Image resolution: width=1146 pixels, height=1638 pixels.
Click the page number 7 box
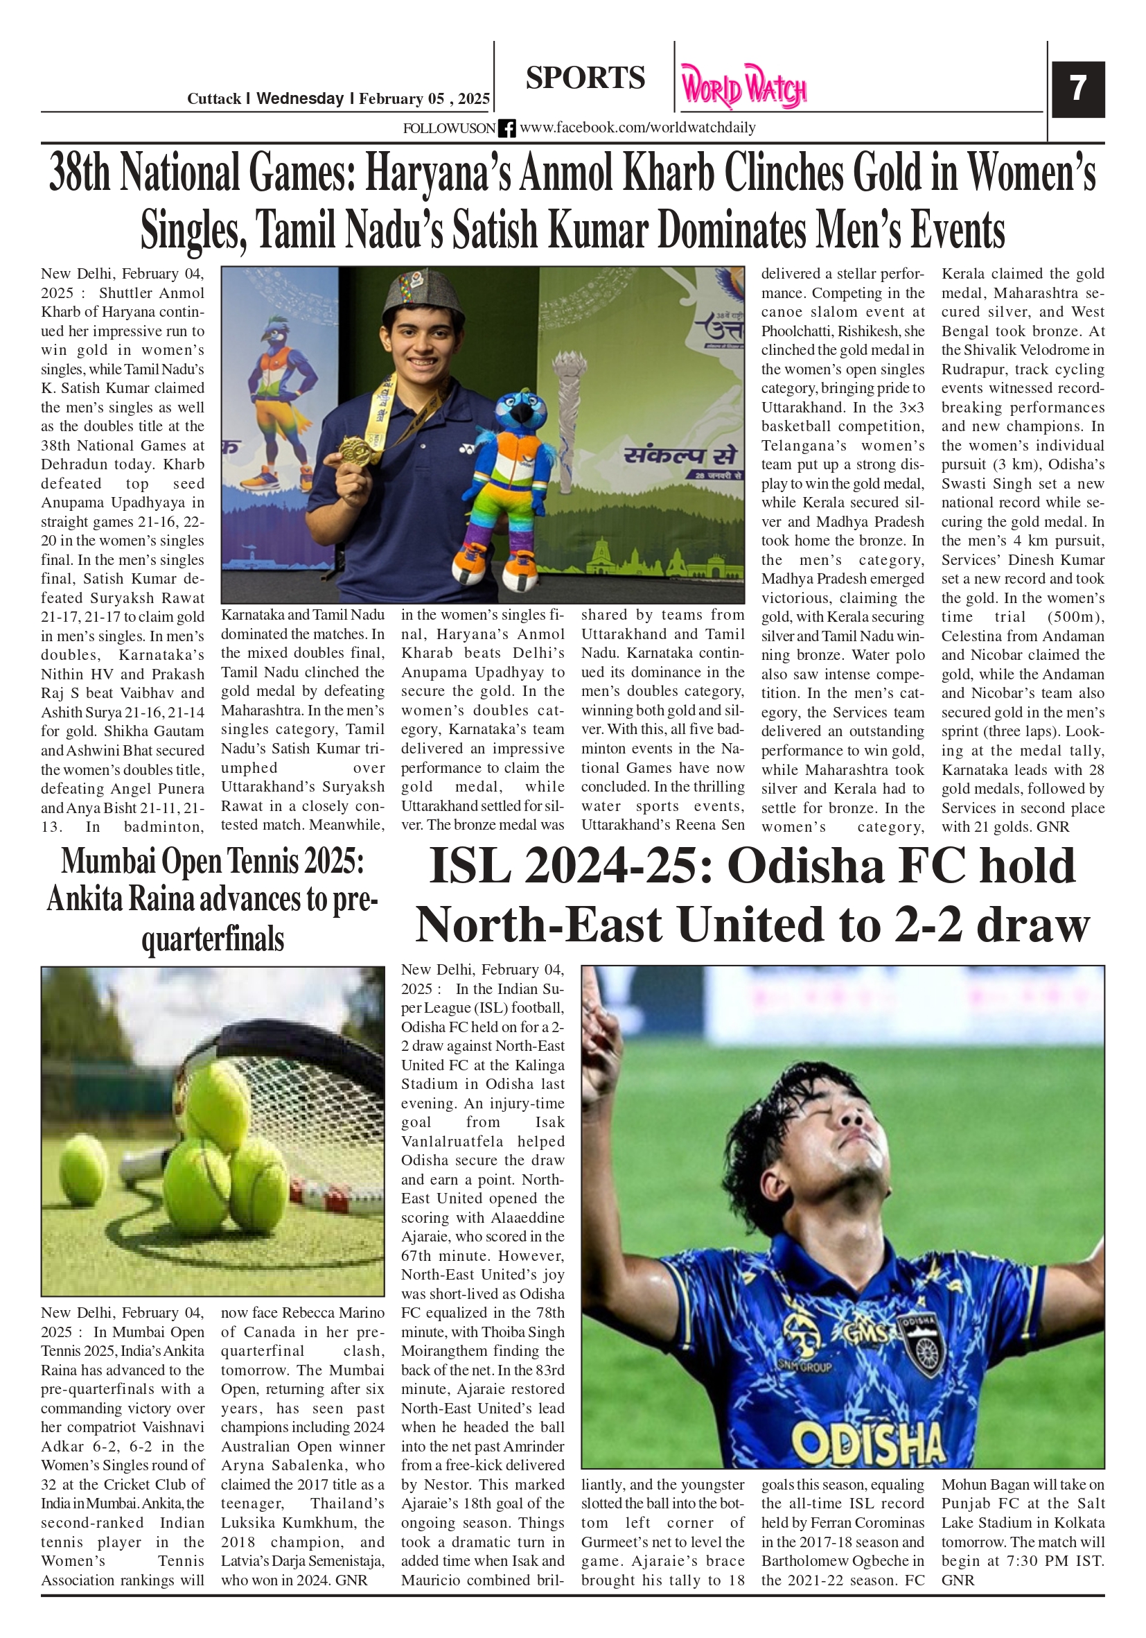click(1077, 89)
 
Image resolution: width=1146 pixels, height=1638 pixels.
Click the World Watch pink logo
click(743, 87)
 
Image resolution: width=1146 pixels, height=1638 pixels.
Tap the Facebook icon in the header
click(506, 128)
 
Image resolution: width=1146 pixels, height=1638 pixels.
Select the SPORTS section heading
click(585, 78)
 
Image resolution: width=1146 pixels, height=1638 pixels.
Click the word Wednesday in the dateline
click(299, 98)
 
